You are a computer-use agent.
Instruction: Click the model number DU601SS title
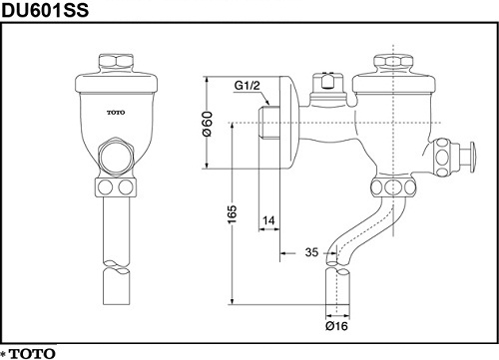click(46, 10)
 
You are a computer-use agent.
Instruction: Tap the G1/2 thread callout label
click(247, 86)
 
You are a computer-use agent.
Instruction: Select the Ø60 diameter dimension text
click(207, 124)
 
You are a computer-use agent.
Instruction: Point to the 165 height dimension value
click(233, 214)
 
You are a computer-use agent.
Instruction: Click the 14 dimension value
click(268, 220)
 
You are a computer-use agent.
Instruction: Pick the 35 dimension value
click(311, 252)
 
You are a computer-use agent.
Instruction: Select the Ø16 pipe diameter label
click(336, 326)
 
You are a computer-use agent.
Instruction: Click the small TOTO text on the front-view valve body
click(116, 113)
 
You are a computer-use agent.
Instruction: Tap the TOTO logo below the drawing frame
click(32, 353)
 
